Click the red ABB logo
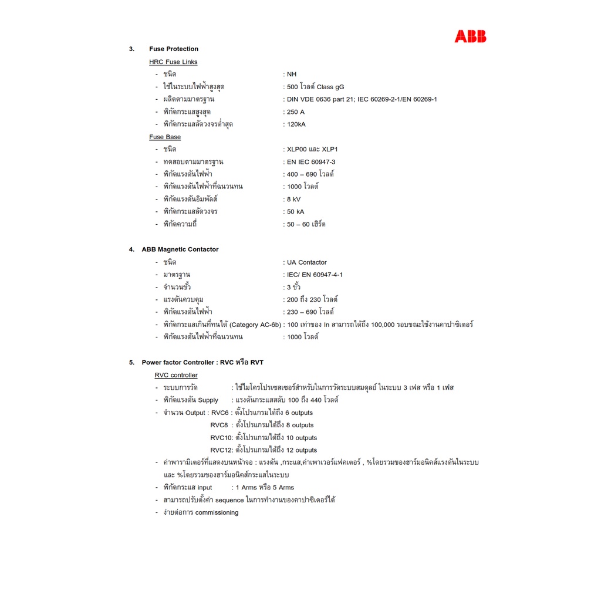click(x=470, y=37)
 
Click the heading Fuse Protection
click(x=174, y=49)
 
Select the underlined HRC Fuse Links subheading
click(x=173, y=62)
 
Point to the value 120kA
click(x=296, y=124)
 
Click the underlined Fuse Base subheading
click(x=165, y=137)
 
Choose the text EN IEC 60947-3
click(x=311, y=162)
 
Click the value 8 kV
click(x=293, y=199)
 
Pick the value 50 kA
click(x=295, y=212)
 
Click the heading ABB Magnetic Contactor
click(x=180, y=249)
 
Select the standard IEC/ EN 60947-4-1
click(x=315, y=275)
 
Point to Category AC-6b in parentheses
click(x=255, y=325)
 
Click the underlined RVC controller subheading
click(x=176, y=375)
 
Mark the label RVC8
click(x=219, y=425)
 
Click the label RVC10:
click(x=222, y=438)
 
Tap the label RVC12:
click(x=222, y=450)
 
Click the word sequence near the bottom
click(x=229, y=500)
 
